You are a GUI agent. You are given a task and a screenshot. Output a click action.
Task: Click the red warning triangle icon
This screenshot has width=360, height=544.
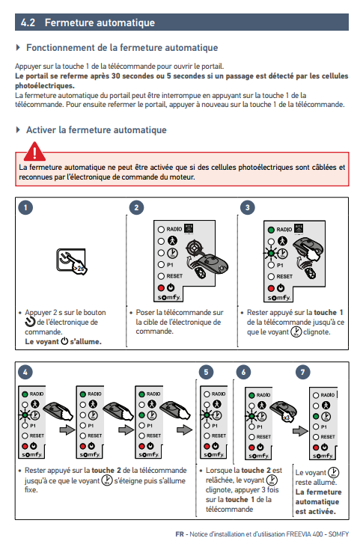[x=34, y=151]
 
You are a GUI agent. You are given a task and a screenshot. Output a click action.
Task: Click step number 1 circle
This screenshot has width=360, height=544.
[x=25, y=207]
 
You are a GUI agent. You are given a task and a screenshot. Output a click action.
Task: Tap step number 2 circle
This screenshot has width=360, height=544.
[x=136, y=207]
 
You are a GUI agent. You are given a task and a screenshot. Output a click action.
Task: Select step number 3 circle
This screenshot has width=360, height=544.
[x=248, y=207]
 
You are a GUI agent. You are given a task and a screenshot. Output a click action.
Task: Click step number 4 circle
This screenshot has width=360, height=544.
[x=25, y=372]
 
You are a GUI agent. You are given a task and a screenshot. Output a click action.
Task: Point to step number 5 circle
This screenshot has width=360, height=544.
[x=207, y=372]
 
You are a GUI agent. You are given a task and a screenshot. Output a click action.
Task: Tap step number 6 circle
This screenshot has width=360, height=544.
[x=243, y=372]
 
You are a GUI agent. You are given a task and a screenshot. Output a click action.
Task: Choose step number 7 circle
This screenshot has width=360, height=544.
[x=302, y=372]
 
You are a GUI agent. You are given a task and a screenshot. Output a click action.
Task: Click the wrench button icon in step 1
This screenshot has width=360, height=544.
[x=71, y=262]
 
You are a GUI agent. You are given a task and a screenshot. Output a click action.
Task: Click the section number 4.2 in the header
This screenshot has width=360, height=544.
[x=28, y=22]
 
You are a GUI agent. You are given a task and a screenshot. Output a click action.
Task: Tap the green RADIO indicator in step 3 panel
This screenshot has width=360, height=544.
[x=271, y=230]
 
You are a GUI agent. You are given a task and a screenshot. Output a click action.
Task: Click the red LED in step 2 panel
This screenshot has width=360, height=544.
[x=161, y=288]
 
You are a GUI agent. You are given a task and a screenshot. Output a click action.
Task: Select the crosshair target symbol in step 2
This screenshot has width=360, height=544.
[x=193, y=248]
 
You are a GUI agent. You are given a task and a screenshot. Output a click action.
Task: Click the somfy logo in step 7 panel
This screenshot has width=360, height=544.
[x=323, y=456]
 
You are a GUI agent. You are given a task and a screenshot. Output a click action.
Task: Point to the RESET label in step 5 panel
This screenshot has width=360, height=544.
[x=219, y=435]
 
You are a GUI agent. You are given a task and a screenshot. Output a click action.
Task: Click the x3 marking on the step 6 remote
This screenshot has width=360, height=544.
[x=287, y=418]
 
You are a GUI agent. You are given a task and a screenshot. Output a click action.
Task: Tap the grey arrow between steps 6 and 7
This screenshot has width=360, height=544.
[x=300, y=431]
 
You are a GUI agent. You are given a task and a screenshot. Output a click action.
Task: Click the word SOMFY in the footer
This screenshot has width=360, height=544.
[x=338, y=534]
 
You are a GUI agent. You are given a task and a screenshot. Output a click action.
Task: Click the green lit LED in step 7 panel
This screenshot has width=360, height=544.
[x=316, y=416]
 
